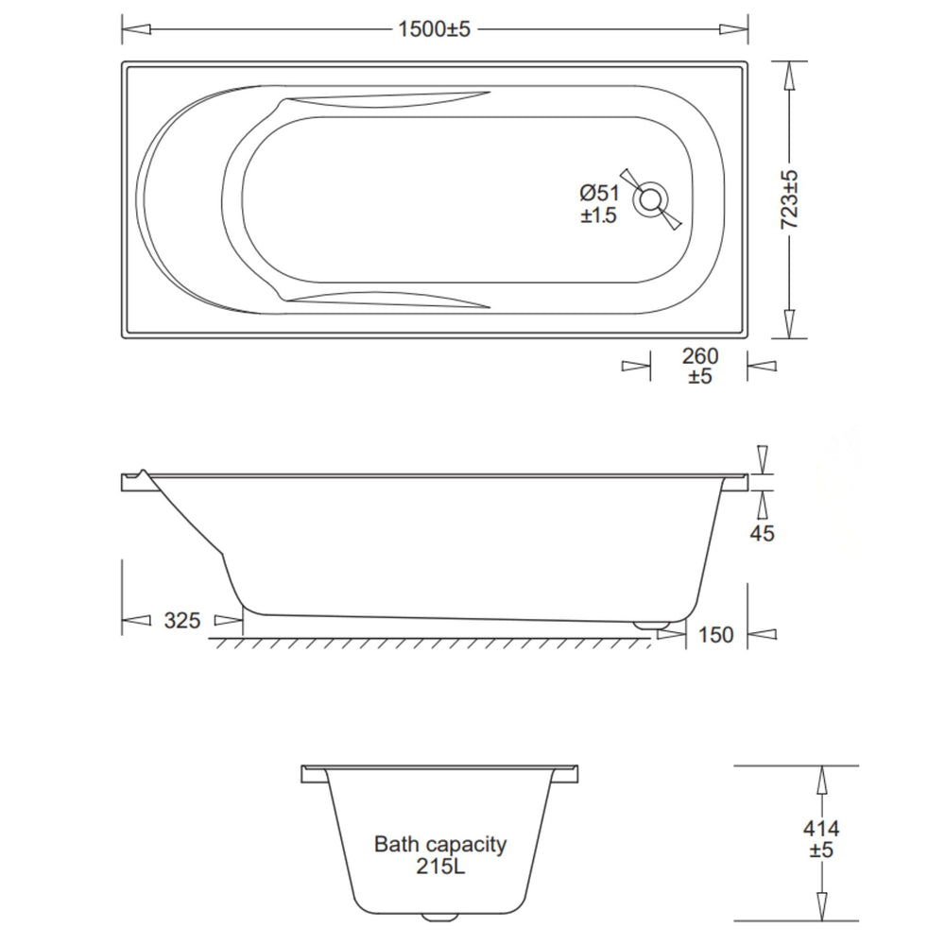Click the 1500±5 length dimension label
(x=434, y=29)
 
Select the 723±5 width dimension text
(x=789, y=198)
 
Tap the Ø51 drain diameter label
(x=600, y=193)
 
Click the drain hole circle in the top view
(x=650, y=198)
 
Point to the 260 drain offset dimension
(x=700, y=356)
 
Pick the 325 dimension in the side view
(x=182, y=620)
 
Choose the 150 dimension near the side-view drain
(x=716, y=635)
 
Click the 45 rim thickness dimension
(x=762, y=533)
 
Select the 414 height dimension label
(x=821, y=829)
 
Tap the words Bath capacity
(x=440, y=844)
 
